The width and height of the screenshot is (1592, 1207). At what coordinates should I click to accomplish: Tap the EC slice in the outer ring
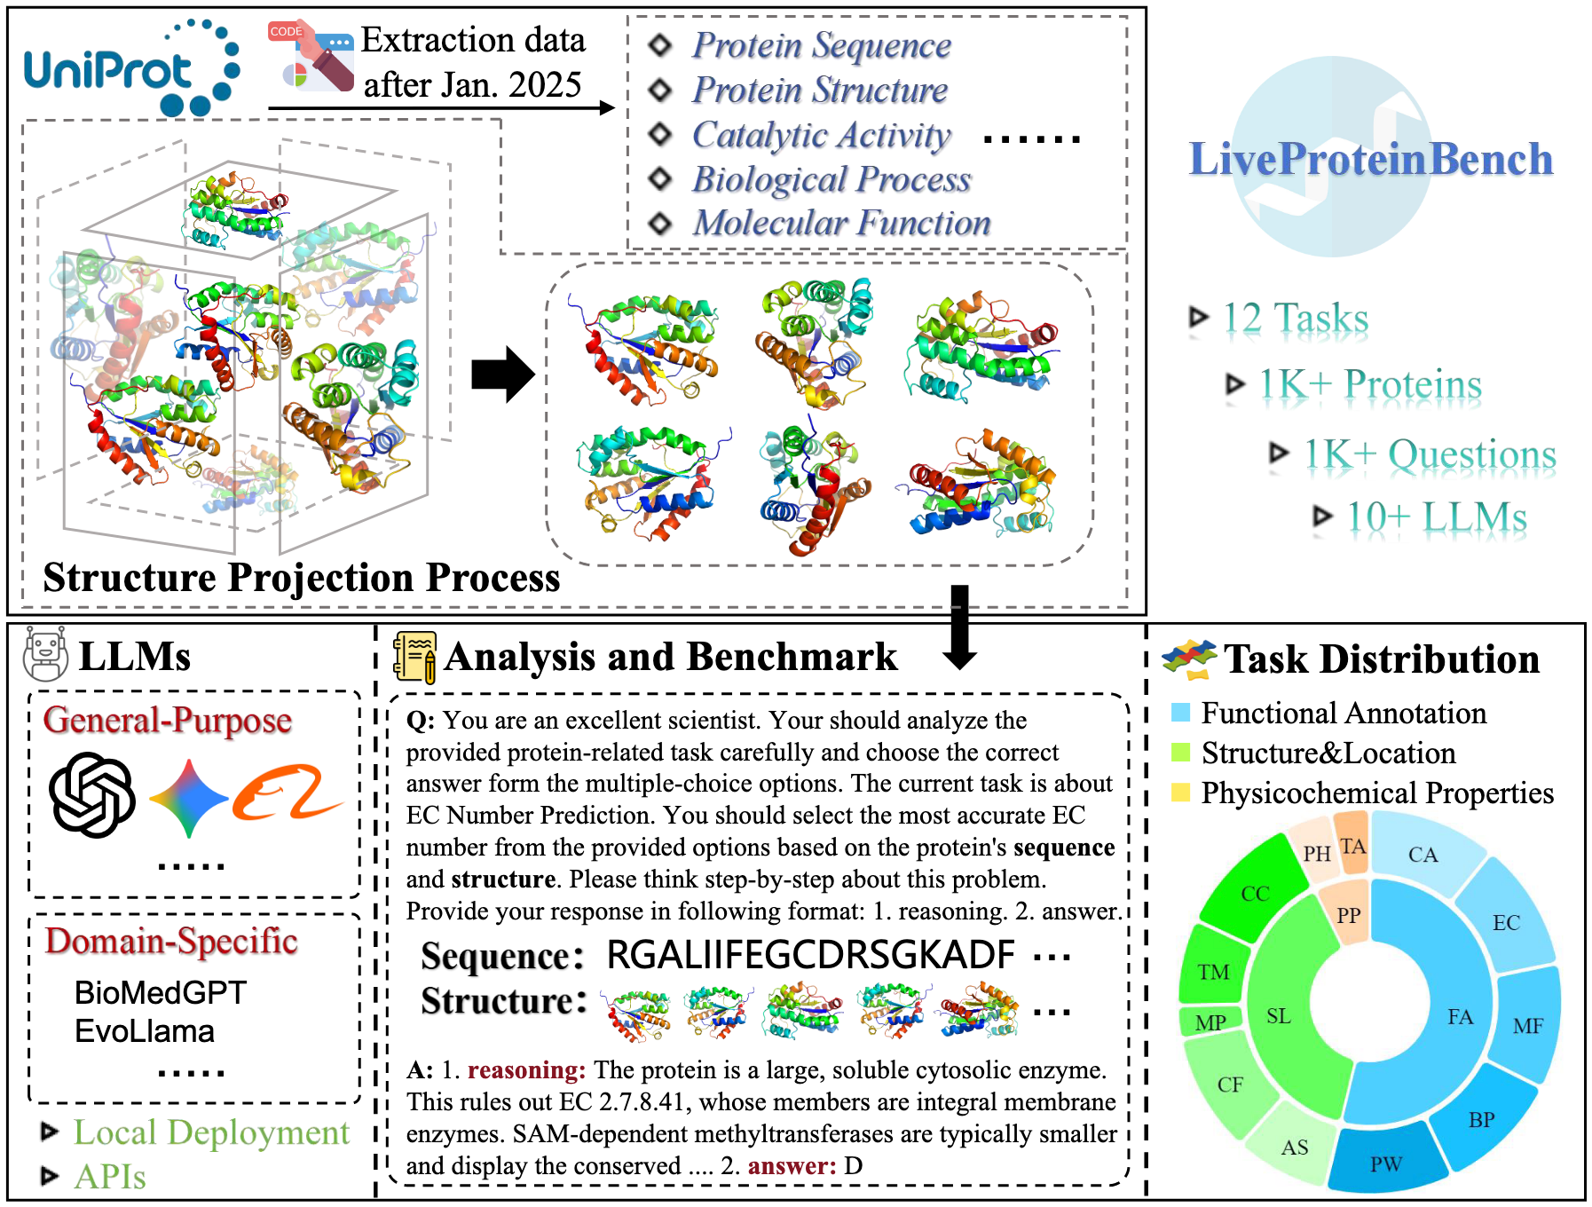click(1505, 922)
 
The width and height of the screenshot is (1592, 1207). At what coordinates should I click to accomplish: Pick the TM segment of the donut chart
click(1213, 971)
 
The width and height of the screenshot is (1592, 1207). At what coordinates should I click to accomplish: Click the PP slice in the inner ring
click(1349, 914)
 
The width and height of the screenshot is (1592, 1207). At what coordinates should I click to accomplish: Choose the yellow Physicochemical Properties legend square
click(1180, 792)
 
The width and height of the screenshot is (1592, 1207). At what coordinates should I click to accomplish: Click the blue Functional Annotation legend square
click(1180, 712)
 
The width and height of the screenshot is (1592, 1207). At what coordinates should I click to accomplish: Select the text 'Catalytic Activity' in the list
click(821, 135)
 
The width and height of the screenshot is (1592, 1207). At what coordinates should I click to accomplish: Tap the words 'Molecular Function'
click(841, 223)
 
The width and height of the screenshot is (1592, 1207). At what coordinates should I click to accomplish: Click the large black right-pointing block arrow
click(502, 375)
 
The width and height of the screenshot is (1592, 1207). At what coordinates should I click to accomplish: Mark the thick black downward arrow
click(959, 627)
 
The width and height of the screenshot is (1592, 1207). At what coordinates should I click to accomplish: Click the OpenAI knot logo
click(92, 795)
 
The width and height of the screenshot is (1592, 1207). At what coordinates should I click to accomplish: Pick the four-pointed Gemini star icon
click(189, 799)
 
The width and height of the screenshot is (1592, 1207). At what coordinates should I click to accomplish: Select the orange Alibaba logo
click(286, 793)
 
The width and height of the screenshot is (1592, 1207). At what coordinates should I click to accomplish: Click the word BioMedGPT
click(161, 992)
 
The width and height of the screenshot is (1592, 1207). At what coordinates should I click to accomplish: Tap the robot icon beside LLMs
click(45, 654)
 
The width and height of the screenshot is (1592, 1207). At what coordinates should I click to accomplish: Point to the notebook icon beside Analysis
click(414, 657)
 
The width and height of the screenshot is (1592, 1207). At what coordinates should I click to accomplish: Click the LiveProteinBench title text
click(1370, 160)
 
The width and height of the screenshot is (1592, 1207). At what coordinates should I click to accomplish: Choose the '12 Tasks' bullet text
click(1295, 318)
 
